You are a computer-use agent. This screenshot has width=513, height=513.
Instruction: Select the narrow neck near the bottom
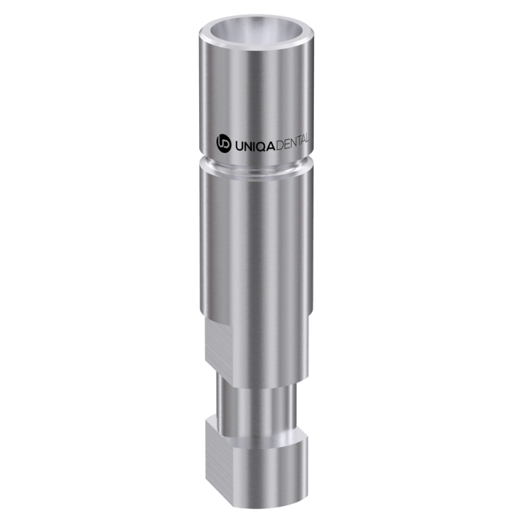tap(257, 394)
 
